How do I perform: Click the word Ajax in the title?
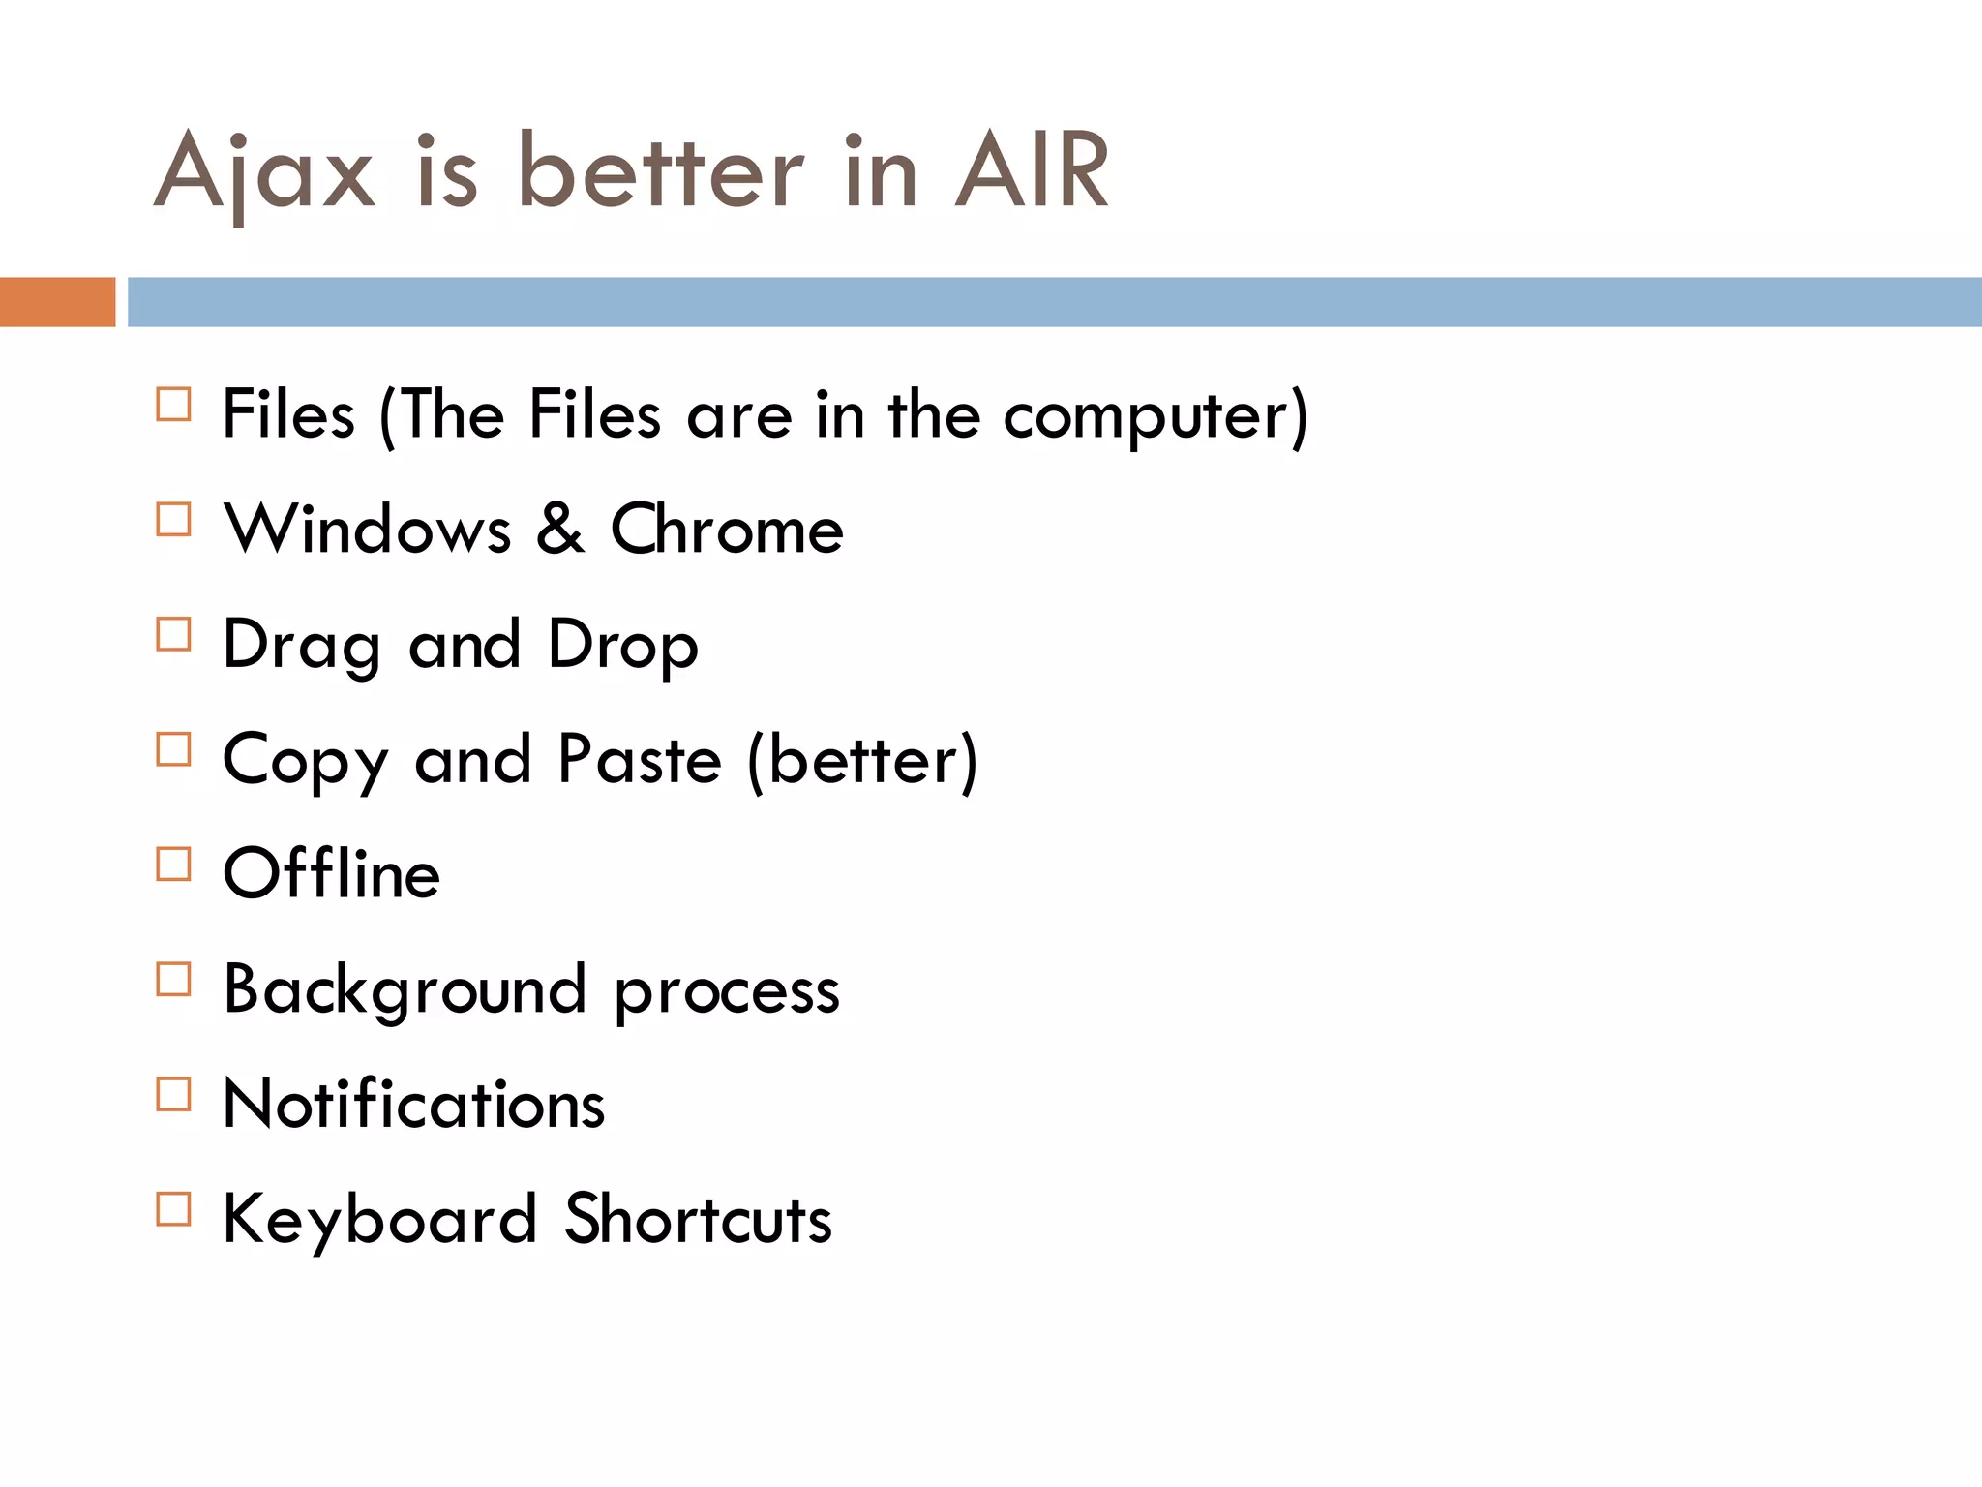tap(263, 172)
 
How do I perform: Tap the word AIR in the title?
tap(1032, 172)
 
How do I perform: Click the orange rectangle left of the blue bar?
tap(57, 302)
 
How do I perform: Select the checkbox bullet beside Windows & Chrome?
tap(174, 520)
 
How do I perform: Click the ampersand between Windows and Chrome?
tap(560, 530)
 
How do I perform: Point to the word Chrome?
tap(727, 530)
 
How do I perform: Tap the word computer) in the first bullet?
tap(1156, 416)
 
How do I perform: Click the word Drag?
tap(301, 645)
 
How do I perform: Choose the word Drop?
tap(622, 645)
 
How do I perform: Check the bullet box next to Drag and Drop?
tap(174, 635)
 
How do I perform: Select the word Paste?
tap(640, 760)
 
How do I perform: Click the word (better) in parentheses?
tap(862, 760)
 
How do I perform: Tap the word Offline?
tap(332, 873)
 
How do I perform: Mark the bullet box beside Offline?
tap(174, 865)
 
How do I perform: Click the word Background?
tap(405, 989)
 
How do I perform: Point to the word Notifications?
tap(414, 1104)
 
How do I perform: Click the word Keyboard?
tap(379, 1219)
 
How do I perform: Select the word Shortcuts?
tap(698, 1219)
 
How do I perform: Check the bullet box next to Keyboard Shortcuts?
tap(174, 1209)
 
